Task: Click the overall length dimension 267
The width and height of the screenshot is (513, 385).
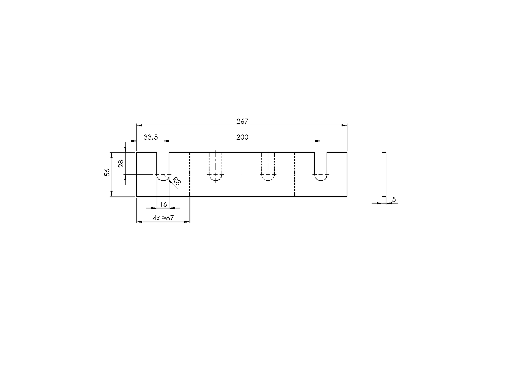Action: tap(242, 122)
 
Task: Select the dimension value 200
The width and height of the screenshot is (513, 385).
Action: tap(242, 137)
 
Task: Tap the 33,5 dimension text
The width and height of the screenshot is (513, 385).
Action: tap(151, 137)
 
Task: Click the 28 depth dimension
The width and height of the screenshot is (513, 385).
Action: tap(121, 164)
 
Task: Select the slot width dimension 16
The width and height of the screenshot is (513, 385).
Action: tap(163, 204)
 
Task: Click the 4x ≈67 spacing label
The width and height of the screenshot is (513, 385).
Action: tap(163, 218)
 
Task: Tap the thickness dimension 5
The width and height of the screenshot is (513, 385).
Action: tap(394, 200)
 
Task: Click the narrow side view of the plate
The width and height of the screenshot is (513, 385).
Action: tap(384, 174)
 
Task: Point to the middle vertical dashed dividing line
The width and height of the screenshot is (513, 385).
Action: tap(242, 174)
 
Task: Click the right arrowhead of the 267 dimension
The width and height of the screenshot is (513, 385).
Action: tap(345, 125)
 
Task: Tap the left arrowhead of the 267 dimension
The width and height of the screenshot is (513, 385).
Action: tap(139, 125)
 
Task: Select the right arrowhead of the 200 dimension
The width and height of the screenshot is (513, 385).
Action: tap(318, 141)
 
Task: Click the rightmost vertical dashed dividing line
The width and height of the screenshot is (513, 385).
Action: tap(295, 174)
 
